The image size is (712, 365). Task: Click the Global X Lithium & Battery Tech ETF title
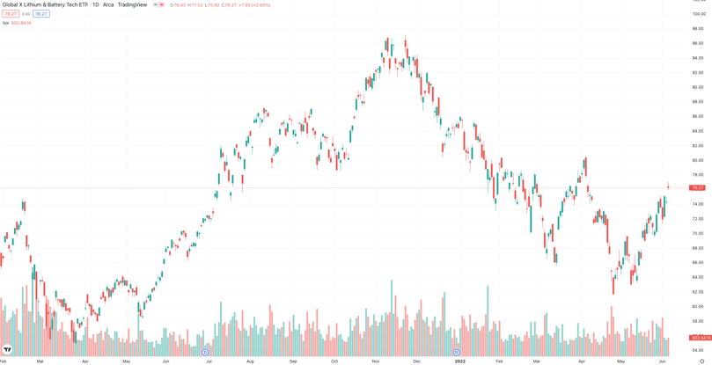tap(45, 5)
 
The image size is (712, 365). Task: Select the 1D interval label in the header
tap(95, 5)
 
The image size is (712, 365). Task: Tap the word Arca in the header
tap(108, 5)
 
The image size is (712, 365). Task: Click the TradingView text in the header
tap(132, 5)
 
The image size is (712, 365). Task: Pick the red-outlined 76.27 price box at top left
tap(11, 14)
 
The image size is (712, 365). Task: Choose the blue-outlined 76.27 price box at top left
tap(40, 14)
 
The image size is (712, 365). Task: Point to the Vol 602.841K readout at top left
tap(17, 23)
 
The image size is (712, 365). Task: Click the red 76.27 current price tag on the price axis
tap(697, 187)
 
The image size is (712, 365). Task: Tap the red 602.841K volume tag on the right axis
tap(701, 338)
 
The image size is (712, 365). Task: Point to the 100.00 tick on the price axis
tap(698, 14)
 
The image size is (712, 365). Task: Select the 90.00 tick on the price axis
tap(697, 87)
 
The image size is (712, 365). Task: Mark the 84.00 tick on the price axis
tap(697, 131)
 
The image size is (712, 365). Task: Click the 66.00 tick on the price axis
tap(697, 262)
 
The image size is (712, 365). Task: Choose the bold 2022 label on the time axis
tap(459, 361)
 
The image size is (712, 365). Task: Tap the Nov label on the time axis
tap(376, 361)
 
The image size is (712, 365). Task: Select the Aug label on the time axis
tap(250, 361)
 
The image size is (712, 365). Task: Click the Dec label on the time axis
tap(416, 361)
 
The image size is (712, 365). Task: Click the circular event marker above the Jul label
tap(205, 353)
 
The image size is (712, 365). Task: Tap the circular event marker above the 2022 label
tap(456, 353)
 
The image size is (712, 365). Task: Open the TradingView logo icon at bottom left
tap(7, 350)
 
